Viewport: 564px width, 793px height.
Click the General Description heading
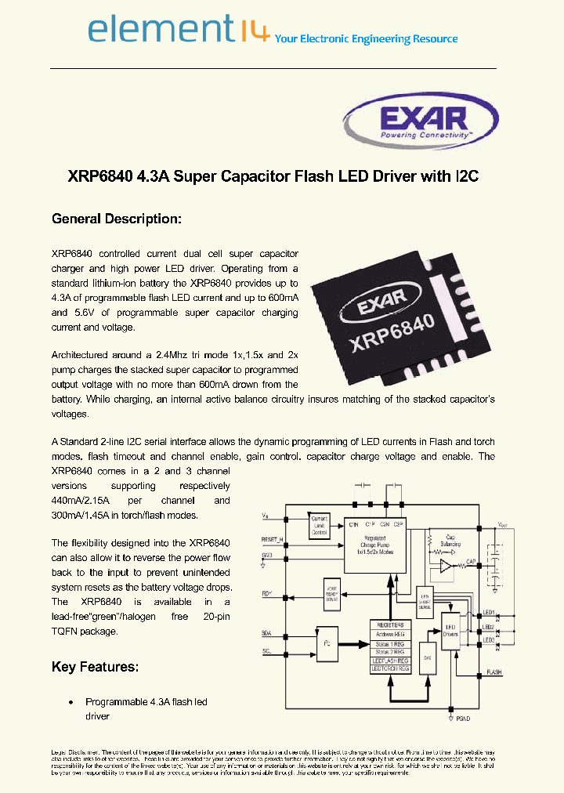[116, 219]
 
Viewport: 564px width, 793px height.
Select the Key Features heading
[95, 667]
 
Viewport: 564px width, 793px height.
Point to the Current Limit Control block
[320, 526]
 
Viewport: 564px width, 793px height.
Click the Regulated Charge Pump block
[377, 541]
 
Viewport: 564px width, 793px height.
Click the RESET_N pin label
[273, 540]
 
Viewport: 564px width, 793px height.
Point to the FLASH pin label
[494, 672]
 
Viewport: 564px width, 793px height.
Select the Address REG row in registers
[389, 634]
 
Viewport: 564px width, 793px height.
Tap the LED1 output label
[488, 612]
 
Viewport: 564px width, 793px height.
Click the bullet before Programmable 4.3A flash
[71, 702]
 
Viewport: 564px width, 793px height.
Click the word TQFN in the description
[67, 631]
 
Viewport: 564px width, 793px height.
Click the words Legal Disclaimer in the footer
[75, 751]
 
